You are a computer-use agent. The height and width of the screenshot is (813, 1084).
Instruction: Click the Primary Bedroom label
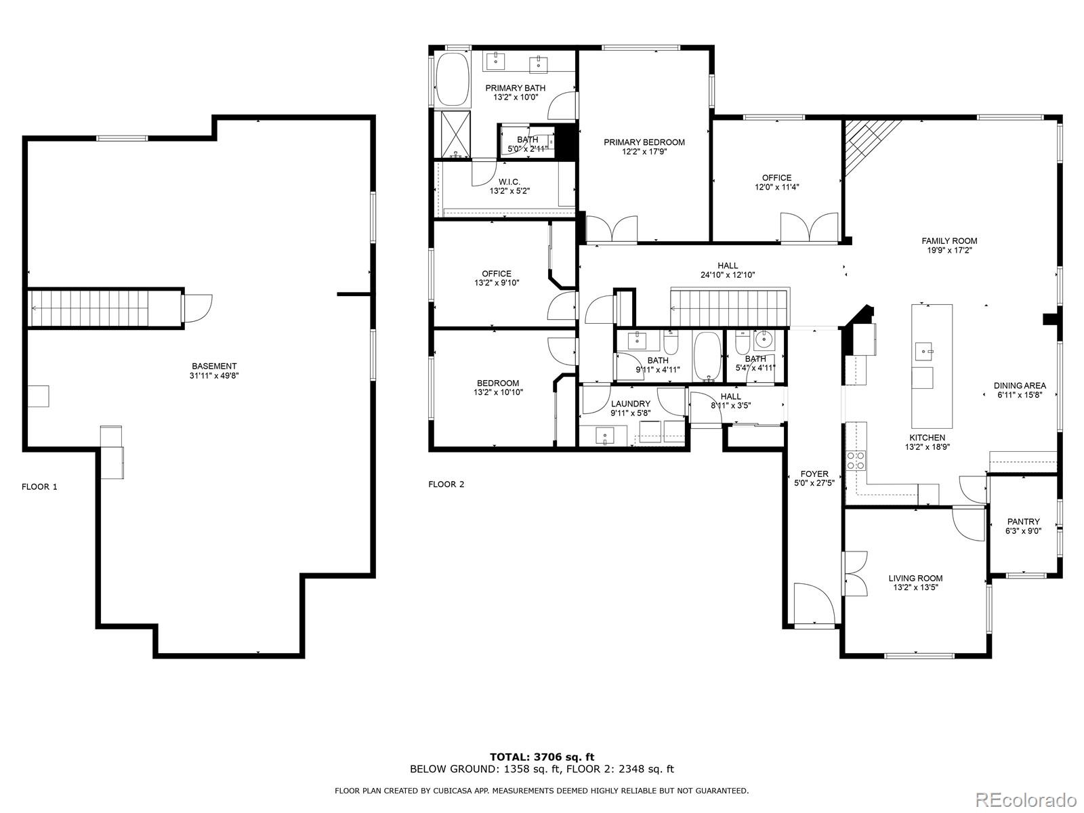tap(644, 142)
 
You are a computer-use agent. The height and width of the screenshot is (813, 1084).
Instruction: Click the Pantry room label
tap(1023, 522)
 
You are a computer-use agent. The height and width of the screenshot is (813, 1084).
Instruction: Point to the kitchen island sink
tap(923, 352)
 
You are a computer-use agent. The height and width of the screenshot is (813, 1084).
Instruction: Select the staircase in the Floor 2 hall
tap(729, 307)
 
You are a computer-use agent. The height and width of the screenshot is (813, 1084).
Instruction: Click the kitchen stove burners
tap(858, 461)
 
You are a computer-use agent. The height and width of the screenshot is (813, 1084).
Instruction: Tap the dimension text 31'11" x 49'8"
tap(214, 375)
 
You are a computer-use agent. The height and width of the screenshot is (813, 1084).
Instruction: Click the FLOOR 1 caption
tap(39, 486)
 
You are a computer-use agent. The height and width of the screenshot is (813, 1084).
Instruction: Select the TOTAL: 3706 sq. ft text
tap(542, 757)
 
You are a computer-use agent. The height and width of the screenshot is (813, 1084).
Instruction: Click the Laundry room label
tap(630, 404)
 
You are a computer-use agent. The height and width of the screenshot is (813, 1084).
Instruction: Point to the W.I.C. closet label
tap(509, 182)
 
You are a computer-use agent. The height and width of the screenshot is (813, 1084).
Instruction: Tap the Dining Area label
tap(1020, 385)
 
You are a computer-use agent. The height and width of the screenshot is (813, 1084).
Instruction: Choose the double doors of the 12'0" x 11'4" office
tap(809, 228)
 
